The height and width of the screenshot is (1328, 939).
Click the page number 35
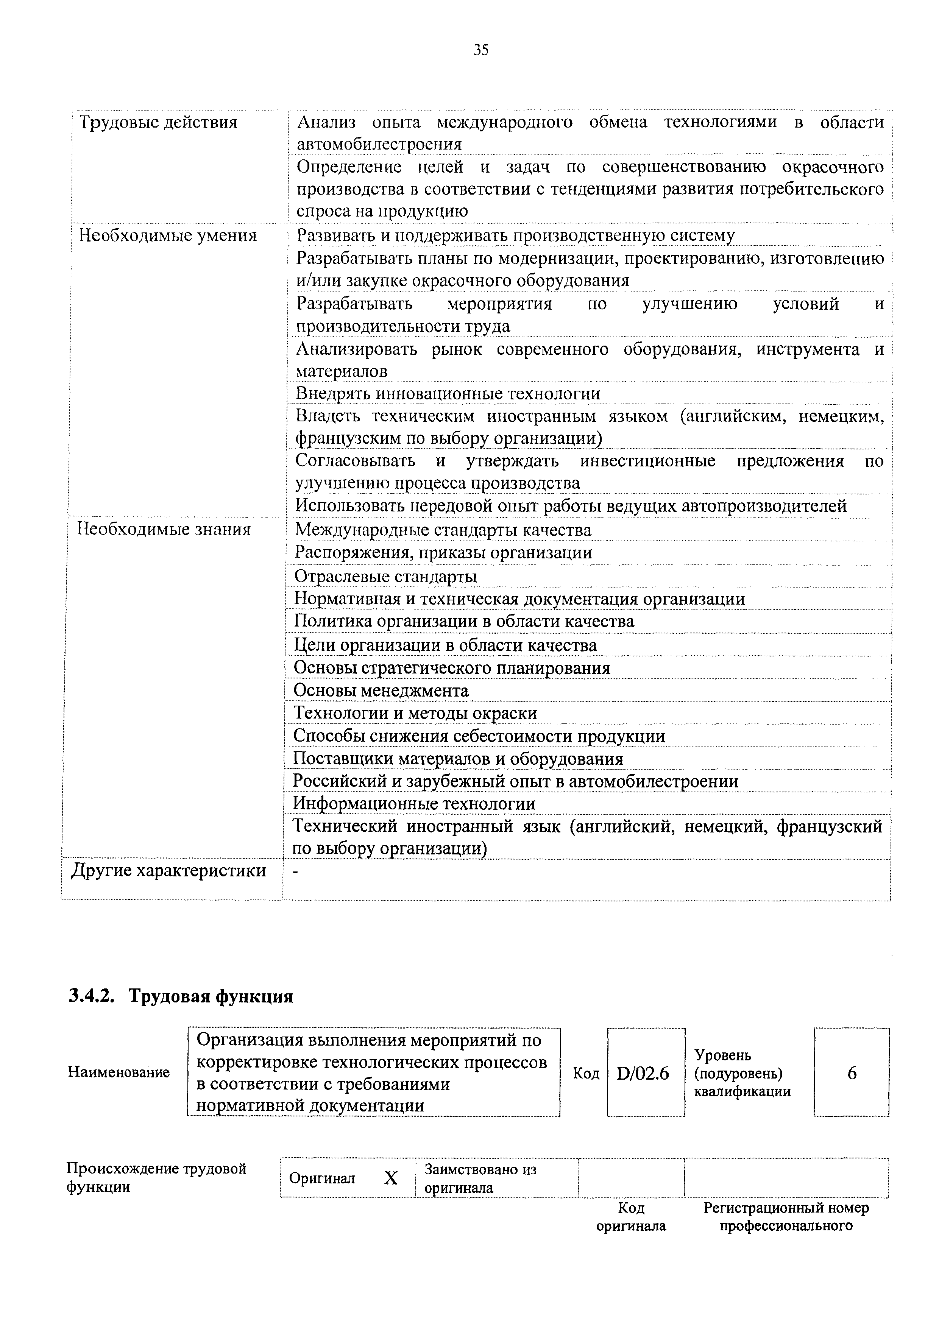coord(481,50)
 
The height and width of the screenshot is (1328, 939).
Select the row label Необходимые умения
coord(168,236)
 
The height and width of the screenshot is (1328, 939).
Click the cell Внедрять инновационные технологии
coord(448,393)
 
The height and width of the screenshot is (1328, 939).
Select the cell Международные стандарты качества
coord(443,530)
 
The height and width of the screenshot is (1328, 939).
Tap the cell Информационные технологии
coord(414,804)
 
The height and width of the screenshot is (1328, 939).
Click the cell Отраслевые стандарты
coord(386,577)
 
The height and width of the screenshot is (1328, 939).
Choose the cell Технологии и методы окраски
coord(415,713)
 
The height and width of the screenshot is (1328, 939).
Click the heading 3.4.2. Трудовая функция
coord(181,997)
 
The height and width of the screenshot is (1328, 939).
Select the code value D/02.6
coord(643,1074)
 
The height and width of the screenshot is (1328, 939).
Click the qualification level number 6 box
coord(851,1074)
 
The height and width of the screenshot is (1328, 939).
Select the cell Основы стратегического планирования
coord(452,668)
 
